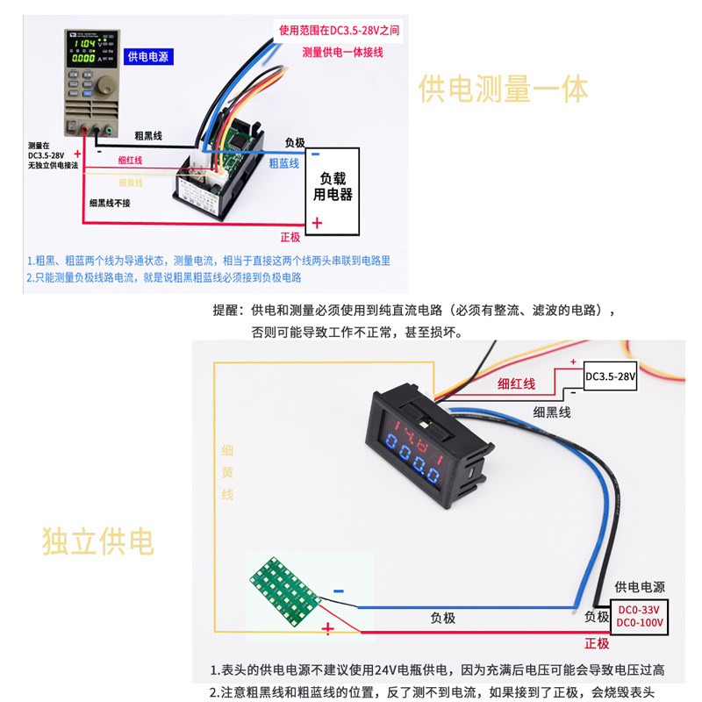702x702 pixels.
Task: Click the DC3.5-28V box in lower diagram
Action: pos(610,376)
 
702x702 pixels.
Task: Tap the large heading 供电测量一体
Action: pos(503,90)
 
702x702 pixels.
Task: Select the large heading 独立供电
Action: pos(97,541)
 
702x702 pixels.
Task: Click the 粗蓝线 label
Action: pos(283,162)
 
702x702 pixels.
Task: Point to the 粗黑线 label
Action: pos(148,136)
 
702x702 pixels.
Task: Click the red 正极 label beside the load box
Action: pos(290,237)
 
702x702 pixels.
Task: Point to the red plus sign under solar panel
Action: pos(328,628)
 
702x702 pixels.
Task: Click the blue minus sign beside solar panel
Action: pos(338,592)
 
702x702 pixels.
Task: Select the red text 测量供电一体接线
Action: pos(343,52)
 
